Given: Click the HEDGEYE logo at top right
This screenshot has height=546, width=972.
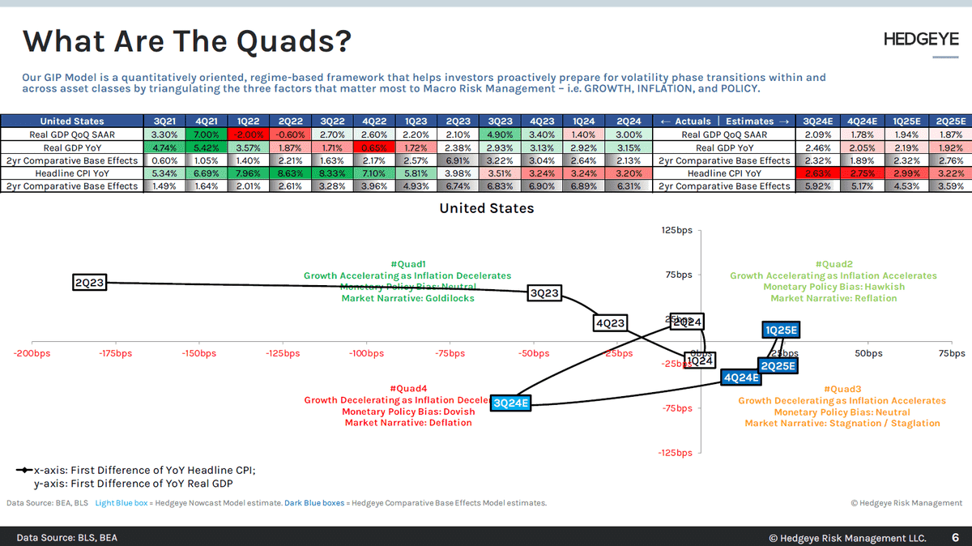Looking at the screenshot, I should coord(920,39).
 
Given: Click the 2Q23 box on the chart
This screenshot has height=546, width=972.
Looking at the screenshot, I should coord(89,283).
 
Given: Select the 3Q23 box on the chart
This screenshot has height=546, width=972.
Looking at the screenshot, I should coord(544,293).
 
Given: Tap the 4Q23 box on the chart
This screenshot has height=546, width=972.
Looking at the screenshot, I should coord(610,323).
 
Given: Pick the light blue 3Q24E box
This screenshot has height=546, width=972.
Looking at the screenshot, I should coord(511,403).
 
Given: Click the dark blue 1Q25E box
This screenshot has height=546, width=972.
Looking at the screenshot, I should coord(782,330).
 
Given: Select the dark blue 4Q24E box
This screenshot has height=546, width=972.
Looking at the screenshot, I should coord(741,378).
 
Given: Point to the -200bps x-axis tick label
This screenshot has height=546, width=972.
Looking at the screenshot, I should coord(32,353).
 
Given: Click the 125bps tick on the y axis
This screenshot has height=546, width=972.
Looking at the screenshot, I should coord(677,231).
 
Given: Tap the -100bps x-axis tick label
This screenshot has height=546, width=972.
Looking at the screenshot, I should coord(365,353).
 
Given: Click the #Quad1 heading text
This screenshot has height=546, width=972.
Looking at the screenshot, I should coord(407,264).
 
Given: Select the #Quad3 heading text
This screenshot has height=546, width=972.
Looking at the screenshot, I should coord(842,389).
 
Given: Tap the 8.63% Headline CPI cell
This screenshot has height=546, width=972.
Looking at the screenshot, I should coord(281,173).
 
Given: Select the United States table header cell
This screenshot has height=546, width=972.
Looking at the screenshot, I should coord(71,122).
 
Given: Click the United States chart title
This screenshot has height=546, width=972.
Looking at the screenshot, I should coord(486,208).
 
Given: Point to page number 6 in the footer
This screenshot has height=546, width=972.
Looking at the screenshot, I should coord(954,537).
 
